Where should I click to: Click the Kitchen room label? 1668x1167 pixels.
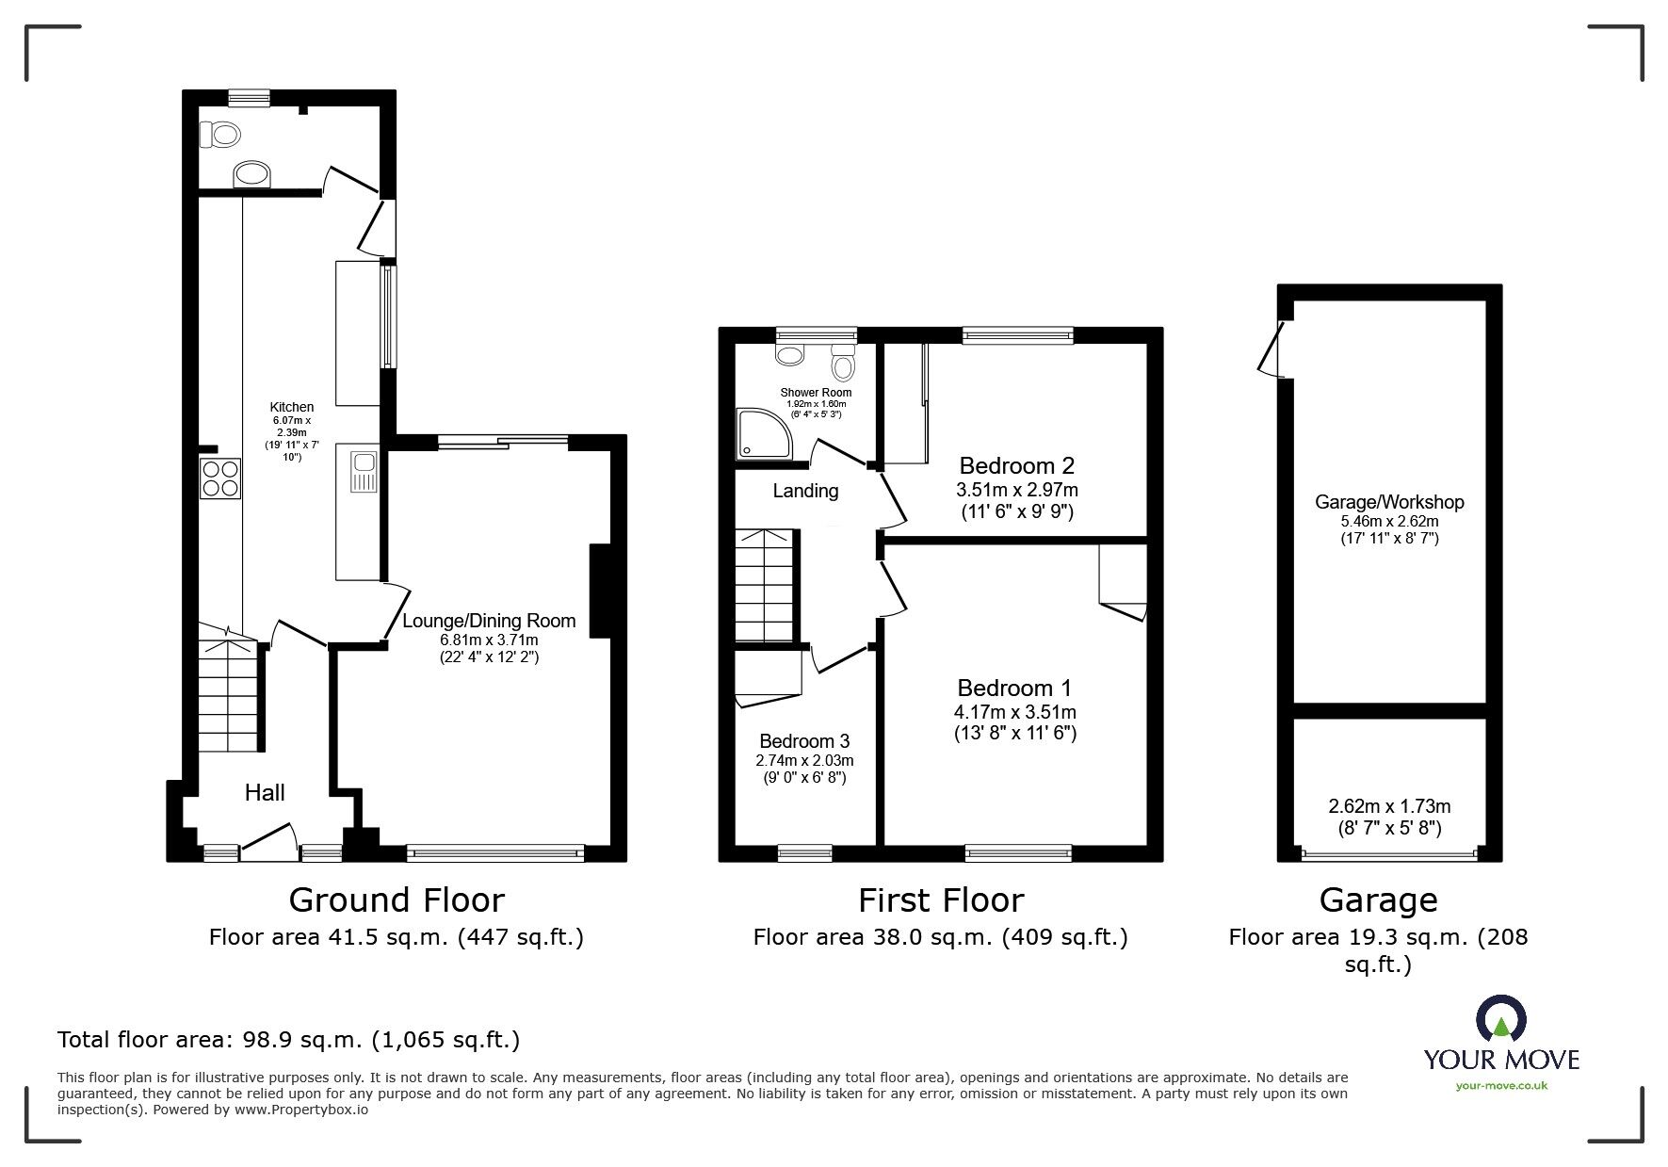coord(292,407)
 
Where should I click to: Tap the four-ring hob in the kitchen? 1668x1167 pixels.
coord(220,478)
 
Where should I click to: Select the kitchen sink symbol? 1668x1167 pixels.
coord(363,472)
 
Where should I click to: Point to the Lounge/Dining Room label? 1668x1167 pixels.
coord(489,622)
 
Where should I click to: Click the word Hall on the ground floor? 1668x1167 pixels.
coord(265,793)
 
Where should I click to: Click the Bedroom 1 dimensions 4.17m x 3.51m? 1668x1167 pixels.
coord(1016,712)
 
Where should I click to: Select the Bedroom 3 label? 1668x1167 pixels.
coord(804,741)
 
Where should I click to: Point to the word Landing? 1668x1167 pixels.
coord(805,491)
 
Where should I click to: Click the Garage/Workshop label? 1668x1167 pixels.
coord(1389,502)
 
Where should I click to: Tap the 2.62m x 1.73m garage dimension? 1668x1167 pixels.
coord(1389,806)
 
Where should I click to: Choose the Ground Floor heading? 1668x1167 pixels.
coord(397,900)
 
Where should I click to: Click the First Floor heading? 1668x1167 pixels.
coord(940,900)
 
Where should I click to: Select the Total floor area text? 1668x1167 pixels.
coord(288,1040)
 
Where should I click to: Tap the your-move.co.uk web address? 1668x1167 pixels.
coord(1501,1086)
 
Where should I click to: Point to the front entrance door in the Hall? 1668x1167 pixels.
coord(269,841)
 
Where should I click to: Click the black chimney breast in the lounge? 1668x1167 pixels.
coord(601,592)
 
